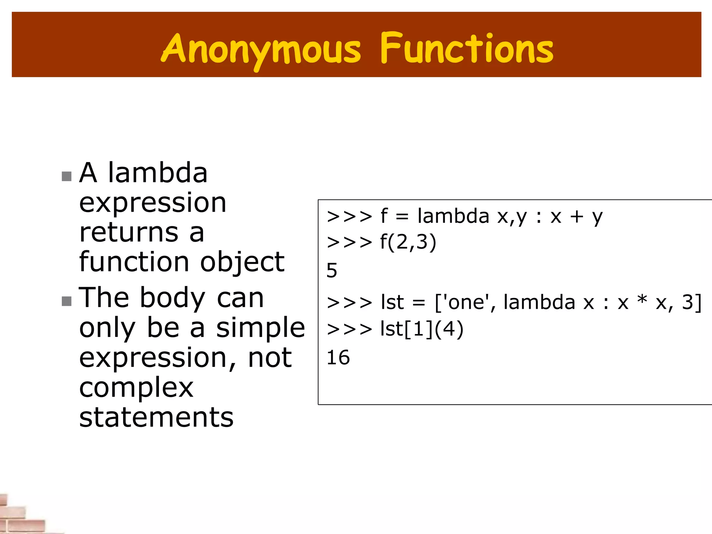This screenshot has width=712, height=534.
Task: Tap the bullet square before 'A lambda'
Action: [x=66, y=176]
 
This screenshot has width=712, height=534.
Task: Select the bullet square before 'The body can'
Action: [x=66, y=301]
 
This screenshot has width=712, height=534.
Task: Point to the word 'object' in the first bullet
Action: [x=242, y=262]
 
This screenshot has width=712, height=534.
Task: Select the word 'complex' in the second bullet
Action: [x=136, y=387]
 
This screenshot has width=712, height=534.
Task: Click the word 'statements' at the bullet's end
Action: [x=156, y=417]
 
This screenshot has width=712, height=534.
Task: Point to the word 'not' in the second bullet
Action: [x=270, y=357]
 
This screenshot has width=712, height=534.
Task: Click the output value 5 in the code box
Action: [x=332, y=270]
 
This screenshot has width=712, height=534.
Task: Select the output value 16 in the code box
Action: [x=338, y=357]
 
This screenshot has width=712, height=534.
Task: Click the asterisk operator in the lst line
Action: [x=642, y=300]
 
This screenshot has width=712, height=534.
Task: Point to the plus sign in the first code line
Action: [x=576, y=217]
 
